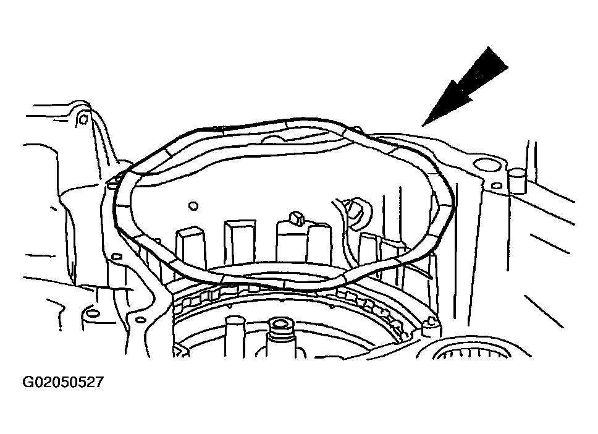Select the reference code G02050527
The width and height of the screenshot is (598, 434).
(x=63, y=382)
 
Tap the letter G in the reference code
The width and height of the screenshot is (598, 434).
(x=28, y=382)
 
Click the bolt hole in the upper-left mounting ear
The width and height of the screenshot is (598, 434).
(x=83, y=119)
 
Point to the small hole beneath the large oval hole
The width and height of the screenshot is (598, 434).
(x=496, y=186)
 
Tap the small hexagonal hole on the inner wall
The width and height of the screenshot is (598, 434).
(x=193, y=206)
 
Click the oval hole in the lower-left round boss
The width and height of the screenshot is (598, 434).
(x=93, y=315)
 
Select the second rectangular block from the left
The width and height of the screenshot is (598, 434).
(x=240, y=240)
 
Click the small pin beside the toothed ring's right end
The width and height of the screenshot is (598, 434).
(x=432, y=323)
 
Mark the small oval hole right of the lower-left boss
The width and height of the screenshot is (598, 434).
(x=141, y=319)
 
